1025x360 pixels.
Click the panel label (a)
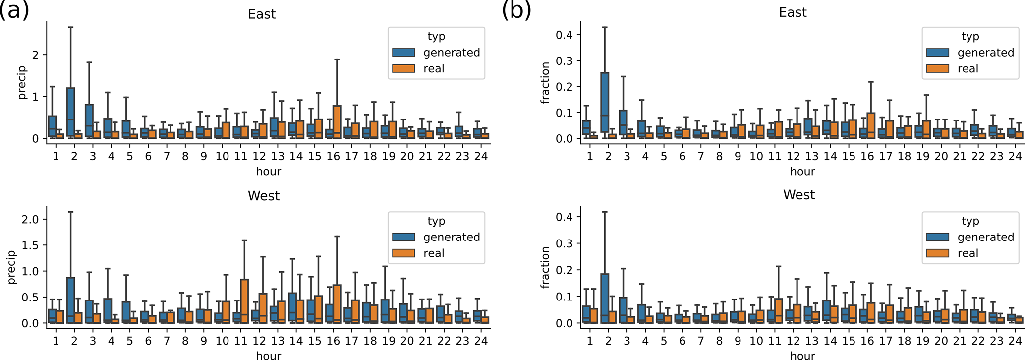14,10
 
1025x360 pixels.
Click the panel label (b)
516,10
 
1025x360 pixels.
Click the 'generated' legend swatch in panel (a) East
404,53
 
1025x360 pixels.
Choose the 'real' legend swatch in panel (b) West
938,253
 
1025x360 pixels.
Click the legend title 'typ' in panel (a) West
436,221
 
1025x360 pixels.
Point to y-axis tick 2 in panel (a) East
35,55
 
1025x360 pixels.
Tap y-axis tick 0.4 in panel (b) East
565,35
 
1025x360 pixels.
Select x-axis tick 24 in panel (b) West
1015,341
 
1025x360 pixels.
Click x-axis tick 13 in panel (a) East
278,156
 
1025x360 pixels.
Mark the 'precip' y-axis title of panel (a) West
12,267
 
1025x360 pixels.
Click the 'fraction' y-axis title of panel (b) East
546,82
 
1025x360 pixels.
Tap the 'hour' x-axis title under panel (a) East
268,171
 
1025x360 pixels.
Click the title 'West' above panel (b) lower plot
798,195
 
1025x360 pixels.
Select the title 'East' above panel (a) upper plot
262,14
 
